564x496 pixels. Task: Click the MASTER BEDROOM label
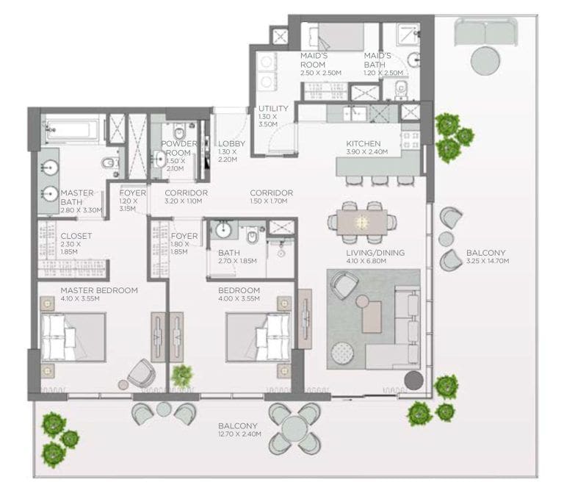click(99, 290)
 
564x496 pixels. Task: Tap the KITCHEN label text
click(364, 143)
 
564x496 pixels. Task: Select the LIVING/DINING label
click(375, 254)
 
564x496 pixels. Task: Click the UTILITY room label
click(273, 109)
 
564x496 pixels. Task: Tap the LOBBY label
click(231, 143)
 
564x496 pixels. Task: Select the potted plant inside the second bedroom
click(181, 376)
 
